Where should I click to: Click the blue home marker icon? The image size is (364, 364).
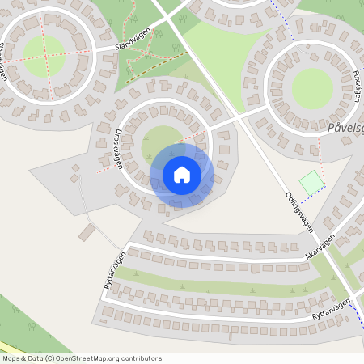pos(182,175)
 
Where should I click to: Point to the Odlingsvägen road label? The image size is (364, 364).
pos(298,213)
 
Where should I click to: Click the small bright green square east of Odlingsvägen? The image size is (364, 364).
pos(311,184)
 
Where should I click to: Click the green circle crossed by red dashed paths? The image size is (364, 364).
pos(43,53)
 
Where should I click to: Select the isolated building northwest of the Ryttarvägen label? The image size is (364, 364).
pos(87,233)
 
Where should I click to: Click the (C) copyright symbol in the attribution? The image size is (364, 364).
pos(51,358)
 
